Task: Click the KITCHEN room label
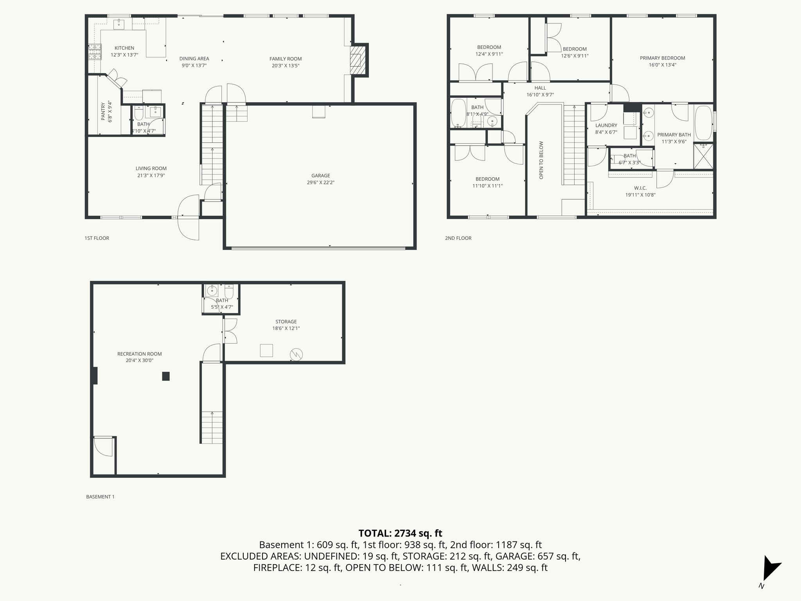[124, 48]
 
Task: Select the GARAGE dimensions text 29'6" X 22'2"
[320, 182]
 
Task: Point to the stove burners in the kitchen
[94, 52]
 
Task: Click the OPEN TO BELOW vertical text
[541, 160]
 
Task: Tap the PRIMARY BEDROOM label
[662, 58]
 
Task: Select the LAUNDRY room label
[606, 125]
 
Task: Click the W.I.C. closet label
[640, 188]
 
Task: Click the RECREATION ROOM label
[139, 354]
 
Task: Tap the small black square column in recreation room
[166, 376]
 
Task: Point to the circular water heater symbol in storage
[296, 355]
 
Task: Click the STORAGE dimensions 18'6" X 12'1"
[286, 328]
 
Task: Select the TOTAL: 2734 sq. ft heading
[400, 533]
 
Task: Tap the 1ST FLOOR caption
[97, 238]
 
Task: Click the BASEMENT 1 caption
[100, 497]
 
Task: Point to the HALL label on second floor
[540, 88]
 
